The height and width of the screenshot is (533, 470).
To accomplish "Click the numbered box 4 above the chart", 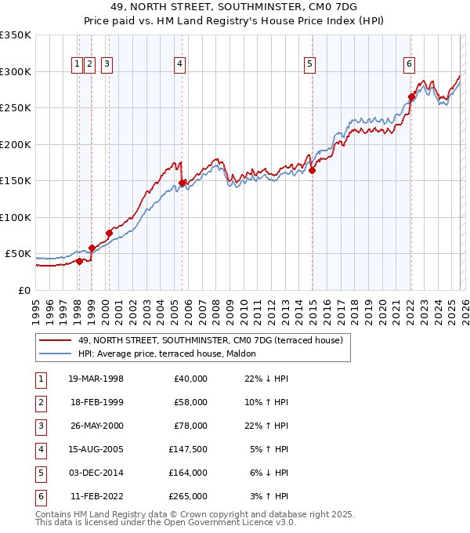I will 180,64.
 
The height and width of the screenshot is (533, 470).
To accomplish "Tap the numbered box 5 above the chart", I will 310,64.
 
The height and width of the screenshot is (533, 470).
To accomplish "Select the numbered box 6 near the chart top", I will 409,64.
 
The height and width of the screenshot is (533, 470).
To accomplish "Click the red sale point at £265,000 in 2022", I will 411,97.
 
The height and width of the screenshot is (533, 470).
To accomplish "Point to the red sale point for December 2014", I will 312,170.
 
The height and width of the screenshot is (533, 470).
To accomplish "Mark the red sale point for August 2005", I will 182,183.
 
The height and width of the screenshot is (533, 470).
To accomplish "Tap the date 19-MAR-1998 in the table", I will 96,379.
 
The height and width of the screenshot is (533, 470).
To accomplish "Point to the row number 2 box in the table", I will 41,402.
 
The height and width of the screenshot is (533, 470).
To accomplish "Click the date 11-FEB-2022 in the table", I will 96,496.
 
